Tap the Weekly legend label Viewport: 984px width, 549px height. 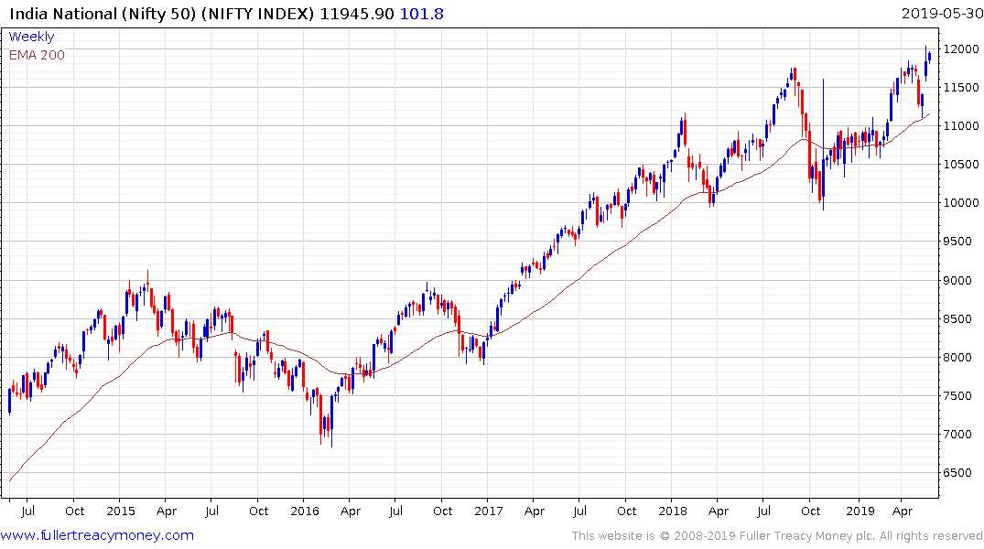(x=31, y=37)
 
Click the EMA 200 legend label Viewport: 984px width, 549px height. (x=37, y=55)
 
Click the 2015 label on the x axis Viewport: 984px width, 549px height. (x=120, y=511)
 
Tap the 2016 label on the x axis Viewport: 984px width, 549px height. (x=304, y=511)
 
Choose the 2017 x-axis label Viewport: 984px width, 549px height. (x=488, y=511)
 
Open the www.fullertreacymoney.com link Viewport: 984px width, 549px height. (x=98, y=535)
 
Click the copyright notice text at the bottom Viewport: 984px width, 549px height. (x=777, y=535)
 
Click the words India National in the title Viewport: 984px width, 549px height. (x=56, y=14)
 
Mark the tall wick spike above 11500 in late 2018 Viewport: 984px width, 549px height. (x=824, y=101)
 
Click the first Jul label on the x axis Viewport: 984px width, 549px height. (x=27, y=511)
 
